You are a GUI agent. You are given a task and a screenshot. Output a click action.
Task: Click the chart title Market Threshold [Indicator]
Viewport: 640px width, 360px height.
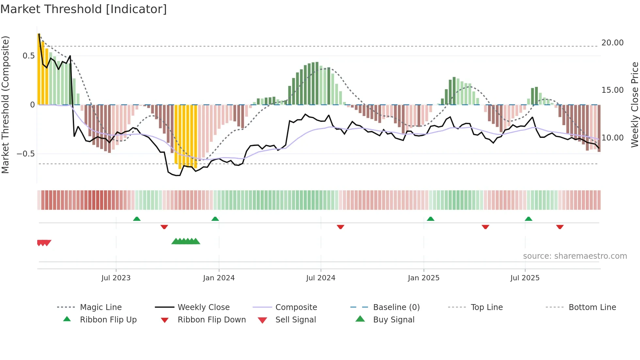tap(84, 9)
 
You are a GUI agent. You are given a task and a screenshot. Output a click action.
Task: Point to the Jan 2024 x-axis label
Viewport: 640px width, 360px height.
tap(219, 278)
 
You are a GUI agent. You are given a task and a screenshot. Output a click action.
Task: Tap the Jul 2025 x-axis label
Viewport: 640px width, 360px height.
tap(525, 278)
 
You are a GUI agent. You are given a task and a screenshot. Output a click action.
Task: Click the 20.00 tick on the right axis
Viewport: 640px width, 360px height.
tap(612, 43)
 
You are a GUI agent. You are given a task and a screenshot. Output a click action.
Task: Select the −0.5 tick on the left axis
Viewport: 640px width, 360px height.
tap(25, 154)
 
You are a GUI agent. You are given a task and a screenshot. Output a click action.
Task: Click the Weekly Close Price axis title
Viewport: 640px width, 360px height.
tap(634, 105)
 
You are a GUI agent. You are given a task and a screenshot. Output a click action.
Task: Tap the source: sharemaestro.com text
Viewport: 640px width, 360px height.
tap(575, 256)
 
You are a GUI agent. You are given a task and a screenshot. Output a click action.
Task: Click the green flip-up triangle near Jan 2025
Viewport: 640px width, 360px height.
tap(430, 219)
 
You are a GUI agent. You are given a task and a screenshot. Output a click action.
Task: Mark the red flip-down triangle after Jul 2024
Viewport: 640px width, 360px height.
tap(340, 227)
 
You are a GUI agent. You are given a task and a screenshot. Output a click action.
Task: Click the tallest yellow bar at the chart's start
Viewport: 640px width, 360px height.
tap(39, 69)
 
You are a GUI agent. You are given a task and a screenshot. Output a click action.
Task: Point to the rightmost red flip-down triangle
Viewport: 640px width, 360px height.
tap(560, 227)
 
